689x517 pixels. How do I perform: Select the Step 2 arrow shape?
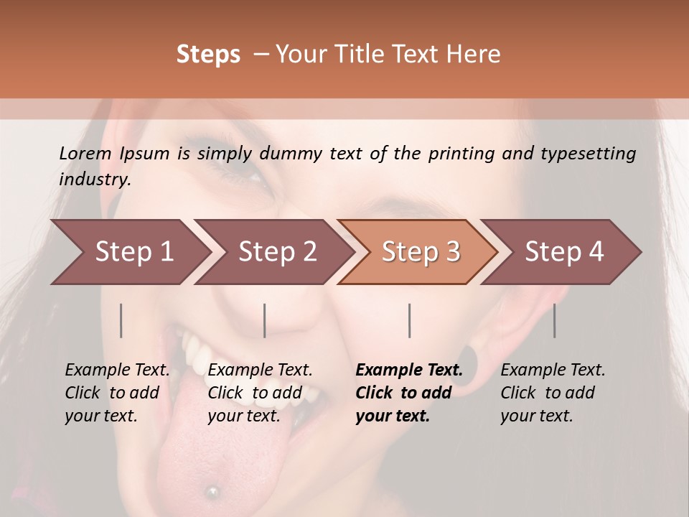tap(273, 252)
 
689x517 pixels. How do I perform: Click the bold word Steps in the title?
tap(208, 55)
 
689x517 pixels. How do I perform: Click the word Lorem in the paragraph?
tap(85, 153)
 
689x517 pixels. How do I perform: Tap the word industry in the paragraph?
tap(95, 180)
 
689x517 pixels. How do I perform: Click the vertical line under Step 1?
tap(121, 320)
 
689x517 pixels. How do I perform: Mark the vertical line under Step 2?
tap(265, 320)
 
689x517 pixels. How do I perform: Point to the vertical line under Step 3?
tap(409, 320)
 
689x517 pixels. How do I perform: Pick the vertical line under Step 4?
tap(554, 320)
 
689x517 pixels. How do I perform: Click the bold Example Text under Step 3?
tap(409, 371)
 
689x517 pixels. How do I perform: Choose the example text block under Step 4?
tap(553, 393)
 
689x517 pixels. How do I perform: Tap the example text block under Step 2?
tap(260, 393)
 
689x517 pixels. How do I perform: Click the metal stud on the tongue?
tap(212, 492)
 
